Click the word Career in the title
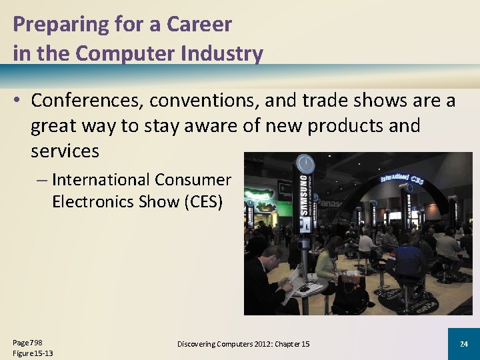pos(199,25)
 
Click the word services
pos(65,151)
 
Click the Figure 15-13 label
pos(33,353)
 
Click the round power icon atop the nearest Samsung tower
pos(305,163)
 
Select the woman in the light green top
pos(327,263)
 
